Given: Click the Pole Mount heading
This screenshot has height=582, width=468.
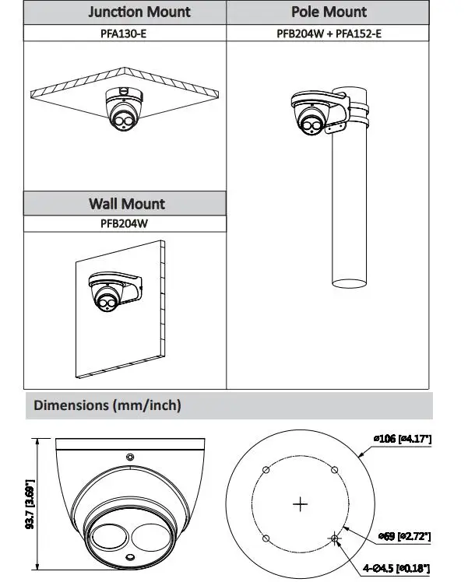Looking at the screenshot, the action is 329,12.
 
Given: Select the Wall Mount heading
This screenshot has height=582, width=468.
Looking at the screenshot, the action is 126,204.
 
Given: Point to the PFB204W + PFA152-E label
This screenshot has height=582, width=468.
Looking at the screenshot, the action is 329,33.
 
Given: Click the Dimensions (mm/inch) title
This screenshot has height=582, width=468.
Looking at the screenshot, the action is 107,405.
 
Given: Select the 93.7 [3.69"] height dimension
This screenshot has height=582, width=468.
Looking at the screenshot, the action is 30,503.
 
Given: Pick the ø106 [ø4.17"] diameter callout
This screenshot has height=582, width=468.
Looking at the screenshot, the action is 403,440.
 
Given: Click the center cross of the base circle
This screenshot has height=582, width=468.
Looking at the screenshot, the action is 301,504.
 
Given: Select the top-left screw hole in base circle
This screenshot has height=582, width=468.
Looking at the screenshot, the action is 266,469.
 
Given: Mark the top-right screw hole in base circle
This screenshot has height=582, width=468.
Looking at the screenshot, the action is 336,469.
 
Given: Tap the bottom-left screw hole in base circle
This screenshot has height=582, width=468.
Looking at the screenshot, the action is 266,538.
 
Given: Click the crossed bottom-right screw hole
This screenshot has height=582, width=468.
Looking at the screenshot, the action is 336,538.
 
